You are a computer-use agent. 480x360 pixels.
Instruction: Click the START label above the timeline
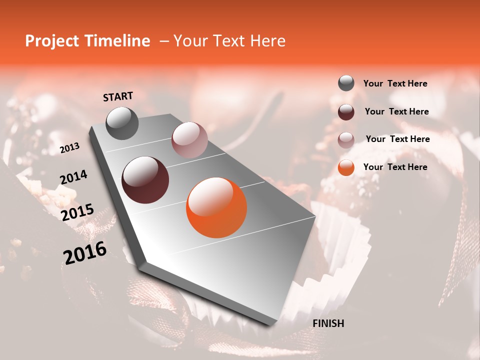[x=118, y=96]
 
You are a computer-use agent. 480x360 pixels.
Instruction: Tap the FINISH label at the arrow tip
[x=328, y=323]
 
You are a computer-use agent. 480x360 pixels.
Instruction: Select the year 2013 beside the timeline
[x=69, y=148]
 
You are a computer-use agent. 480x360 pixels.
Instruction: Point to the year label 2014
[x=73, y=177]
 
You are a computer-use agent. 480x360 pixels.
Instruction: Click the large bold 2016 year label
[x=85, y=253]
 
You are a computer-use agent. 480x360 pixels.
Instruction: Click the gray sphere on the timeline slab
[x=122, y=123]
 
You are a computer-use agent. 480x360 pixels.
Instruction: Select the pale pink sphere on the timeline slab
[x=189, y=140]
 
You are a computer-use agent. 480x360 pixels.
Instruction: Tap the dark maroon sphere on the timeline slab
[x=145, y=180]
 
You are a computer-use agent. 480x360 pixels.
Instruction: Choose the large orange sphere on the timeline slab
[x=216, y=207]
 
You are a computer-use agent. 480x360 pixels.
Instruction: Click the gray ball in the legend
[x=346, y=83]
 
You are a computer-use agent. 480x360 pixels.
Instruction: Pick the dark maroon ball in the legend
[x=346, y=112]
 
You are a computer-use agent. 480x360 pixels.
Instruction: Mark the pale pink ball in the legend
[x=346, y=139]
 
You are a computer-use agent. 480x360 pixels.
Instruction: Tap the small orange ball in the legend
[x=346, y=167]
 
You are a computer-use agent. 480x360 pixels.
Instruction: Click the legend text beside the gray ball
[x=395, y=83]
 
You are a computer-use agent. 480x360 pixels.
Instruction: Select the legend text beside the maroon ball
[x=396, y=111]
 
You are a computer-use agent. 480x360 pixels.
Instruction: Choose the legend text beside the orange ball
[x=395, y=167]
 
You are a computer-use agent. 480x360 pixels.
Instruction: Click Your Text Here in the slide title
[x=229, y=41]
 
